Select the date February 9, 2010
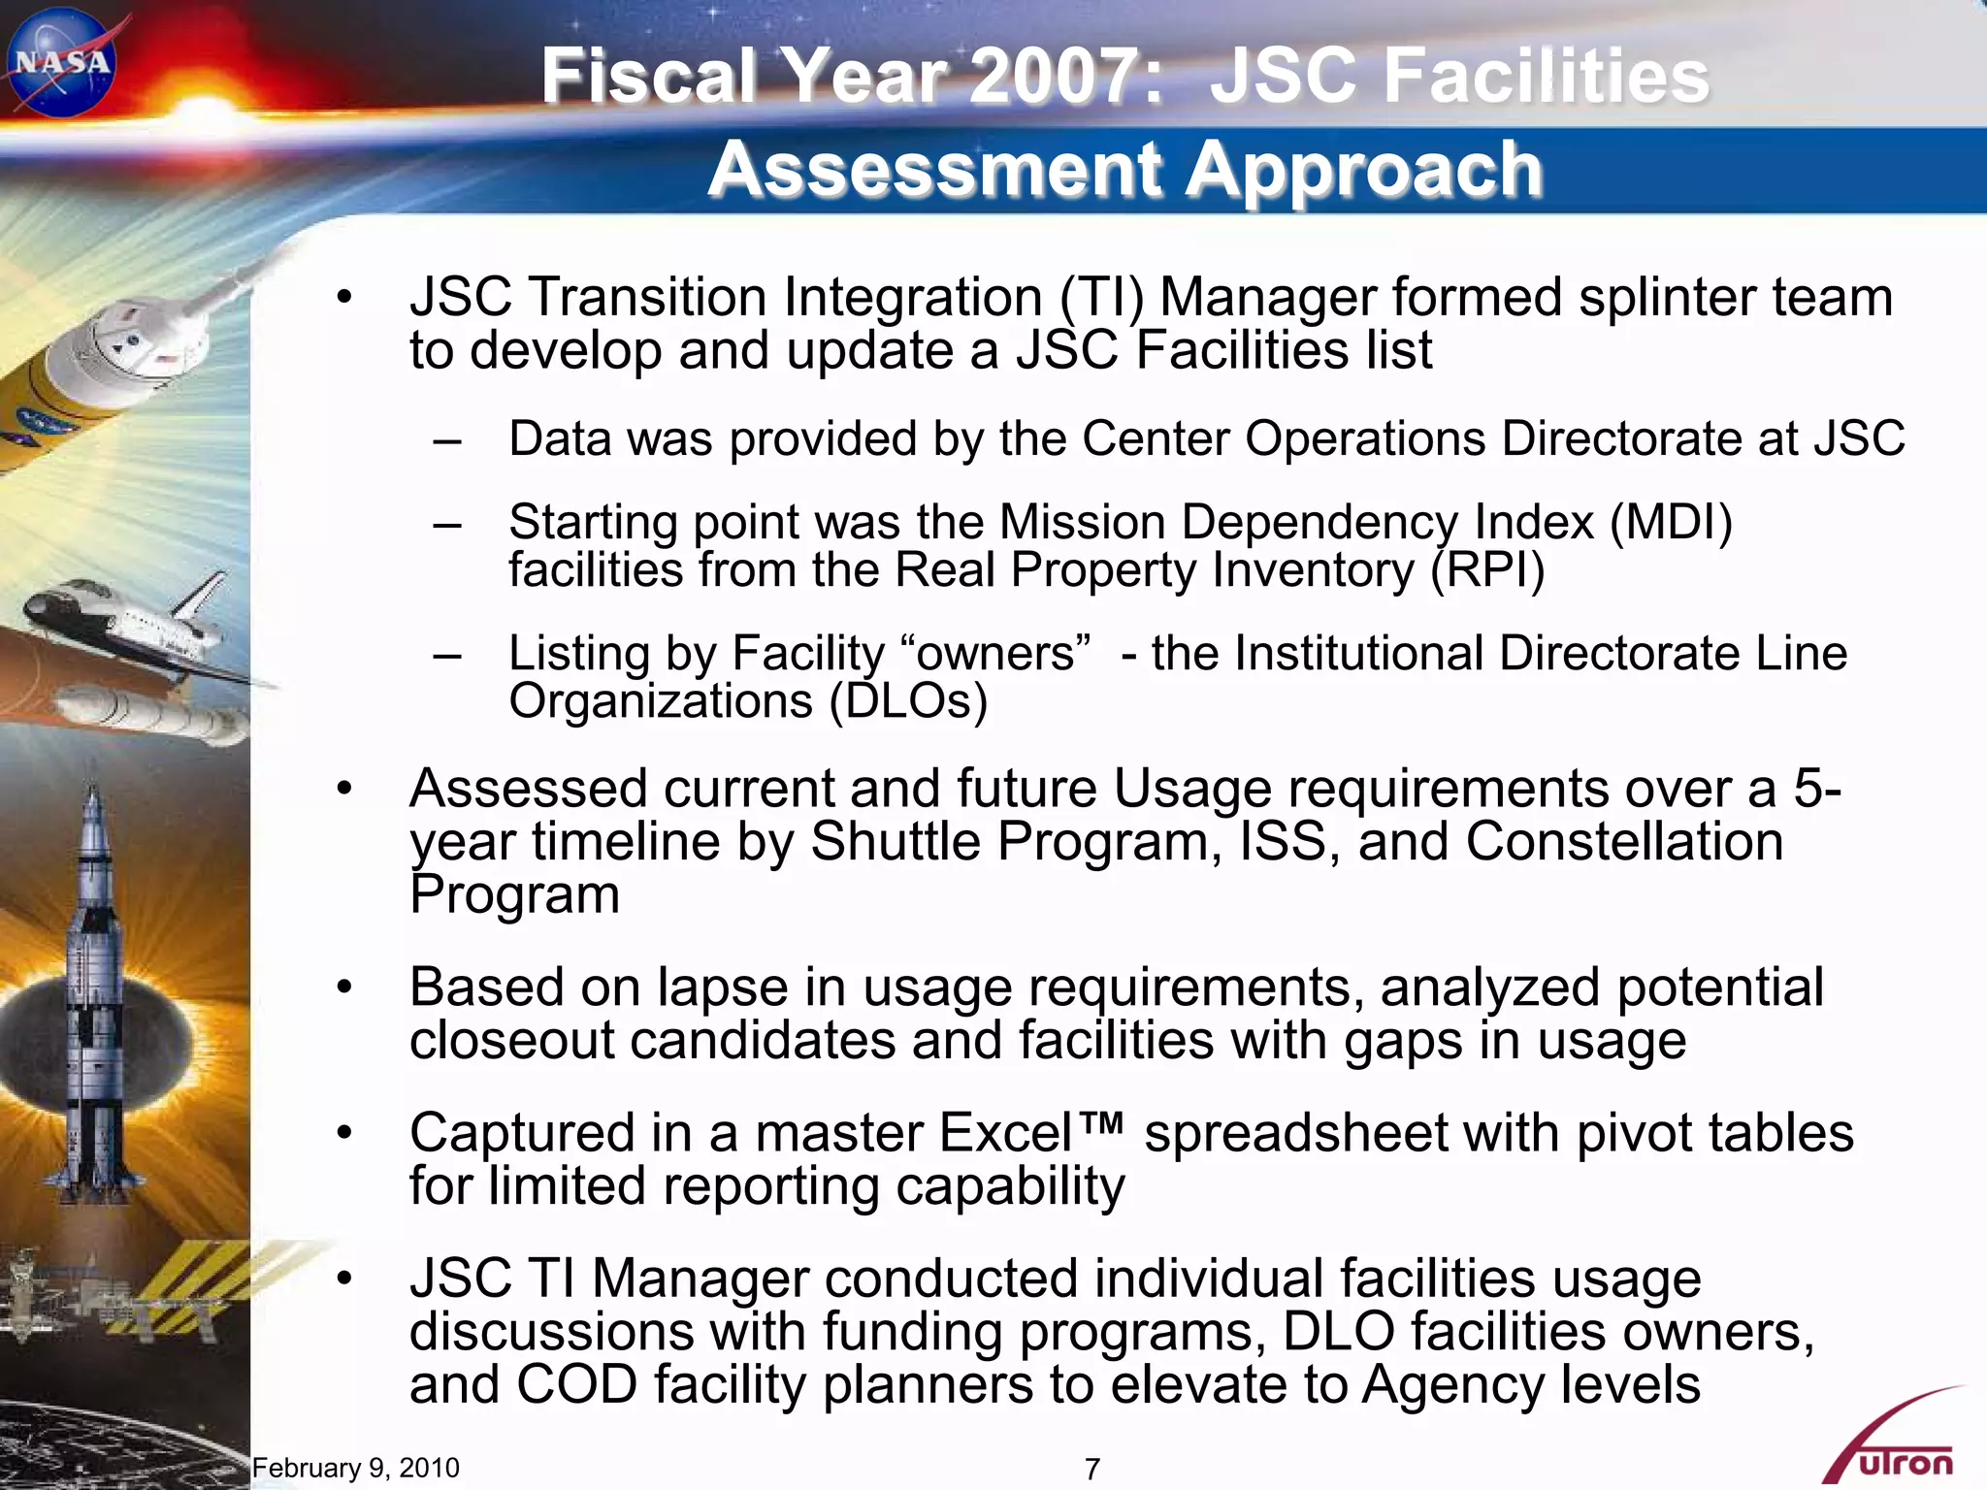coord(355,1468)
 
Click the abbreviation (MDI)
coord(1671,522)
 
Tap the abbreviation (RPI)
coord(1487,569)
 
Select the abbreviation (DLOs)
coord(908,700)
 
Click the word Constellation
coord(1623,841)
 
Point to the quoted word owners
coord(995,654)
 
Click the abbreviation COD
coord(576,1384)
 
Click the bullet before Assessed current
coord(344,789)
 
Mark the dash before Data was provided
coord(447,440)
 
